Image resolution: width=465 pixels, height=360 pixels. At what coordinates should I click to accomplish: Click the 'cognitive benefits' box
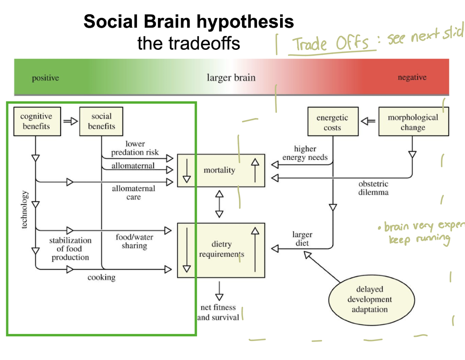(36, 121)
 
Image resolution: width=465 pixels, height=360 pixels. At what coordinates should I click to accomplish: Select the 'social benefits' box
(101, 121)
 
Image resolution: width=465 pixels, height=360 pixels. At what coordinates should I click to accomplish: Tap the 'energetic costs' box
(332, 123)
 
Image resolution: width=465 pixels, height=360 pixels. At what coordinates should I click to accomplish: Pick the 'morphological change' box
(413, 122)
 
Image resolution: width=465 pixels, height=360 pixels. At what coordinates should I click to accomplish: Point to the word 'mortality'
(219, 170)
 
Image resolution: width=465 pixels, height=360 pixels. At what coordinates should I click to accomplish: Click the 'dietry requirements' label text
(222, 249)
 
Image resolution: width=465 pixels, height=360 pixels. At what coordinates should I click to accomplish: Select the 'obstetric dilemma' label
(373, 188)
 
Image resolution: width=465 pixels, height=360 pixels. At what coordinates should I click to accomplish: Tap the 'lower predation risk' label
(135, 148)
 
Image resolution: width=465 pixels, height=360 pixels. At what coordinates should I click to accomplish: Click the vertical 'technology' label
(25, 210)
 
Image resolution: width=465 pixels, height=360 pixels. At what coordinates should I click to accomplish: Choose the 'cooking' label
(101, 277)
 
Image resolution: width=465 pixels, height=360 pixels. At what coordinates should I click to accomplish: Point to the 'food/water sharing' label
(134, 242)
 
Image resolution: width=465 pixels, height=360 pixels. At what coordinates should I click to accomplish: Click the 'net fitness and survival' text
(218, 312)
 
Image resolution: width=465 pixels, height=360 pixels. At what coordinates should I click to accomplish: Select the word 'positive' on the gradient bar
(45, 78)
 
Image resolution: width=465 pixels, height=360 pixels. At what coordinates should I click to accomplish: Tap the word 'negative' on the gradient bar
(412, 78)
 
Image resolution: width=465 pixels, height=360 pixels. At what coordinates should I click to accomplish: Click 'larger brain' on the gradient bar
(231, 78)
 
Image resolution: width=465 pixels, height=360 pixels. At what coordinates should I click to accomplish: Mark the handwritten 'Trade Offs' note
(331, 44)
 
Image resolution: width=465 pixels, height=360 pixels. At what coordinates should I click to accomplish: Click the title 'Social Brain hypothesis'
(189, 21)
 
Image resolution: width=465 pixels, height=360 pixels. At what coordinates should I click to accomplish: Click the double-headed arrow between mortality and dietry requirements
(219, 204)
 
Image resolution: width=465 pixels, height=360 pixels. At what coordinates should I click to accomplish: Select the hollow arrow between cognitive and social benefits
(70, 121)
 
